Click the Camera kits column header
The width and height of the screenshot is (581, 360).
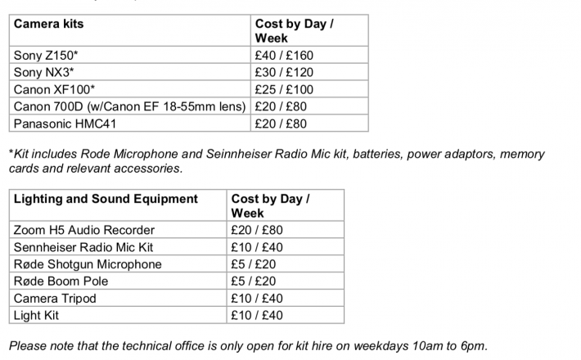(x=49, y=24)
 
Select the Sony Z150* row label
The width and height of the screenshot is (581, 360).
(x=47, y=56)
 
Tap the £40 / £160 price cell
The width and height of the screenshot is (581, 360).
(x=284, y=56)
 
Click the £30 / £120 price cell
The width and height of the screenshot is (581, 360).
(x=284, y=73)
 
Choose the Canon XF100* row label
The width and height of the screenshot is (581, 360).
(x=54, y=90)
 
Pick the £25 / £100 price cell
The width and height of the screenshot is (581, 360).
(x=284, y=90)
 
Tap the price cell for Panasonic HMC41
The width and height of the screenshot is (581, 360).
(x=281, y=124)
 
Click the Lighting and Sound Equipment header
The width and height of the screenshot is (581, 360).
(x=106, y=199)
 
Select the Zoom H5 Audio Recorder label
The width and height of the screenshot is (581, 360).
(x=83, y=230)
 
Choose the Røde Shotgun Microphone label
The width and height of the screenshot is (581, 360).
(x=88, y=264)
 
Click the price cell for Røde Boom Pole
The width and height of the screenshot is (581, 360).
(x=254, y=281)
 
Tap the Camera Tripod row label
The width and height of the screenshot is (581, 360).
(x=55, y=299)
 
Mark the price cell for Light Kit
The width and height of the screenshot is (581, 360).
(x=257, y=316)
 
